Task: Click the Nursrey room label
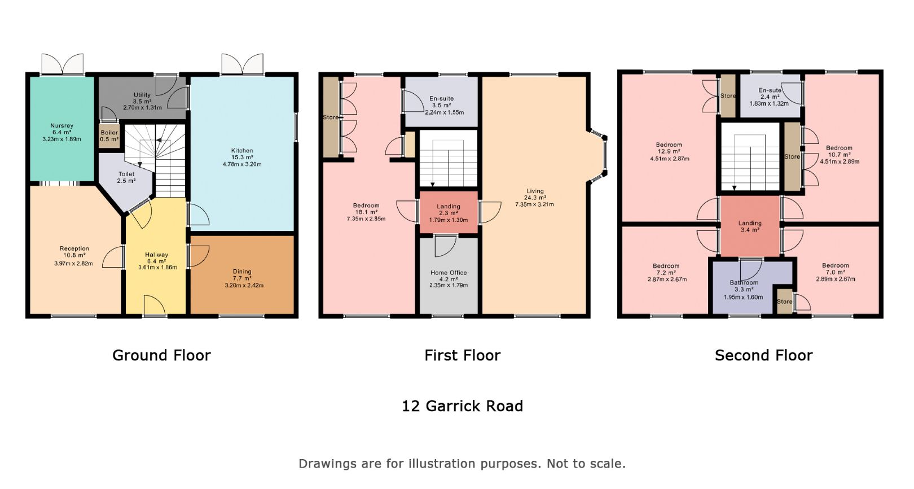61,126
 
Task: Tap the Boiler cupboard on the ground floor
109,136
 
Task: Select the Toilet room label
126,174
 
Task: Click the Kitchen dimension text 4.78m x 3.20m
242,164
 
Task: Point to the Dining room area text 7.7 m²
242,278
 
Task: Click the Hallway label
157,255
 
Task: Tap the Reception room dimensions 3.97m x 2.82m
74,263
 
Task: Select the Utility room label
142,95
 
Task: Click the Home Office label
449,273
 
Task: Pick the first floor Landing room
449,213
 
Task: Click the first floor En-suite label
441,98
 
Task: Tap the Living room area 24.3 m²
534,198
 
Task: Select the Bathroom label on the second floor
744,282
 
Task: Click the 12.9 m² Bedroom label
669,145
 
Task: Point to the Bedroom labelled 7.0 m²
835,265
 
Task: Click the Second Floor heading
763,355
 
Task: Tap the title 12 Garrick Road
462,406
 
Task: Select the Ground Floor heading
161,355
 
